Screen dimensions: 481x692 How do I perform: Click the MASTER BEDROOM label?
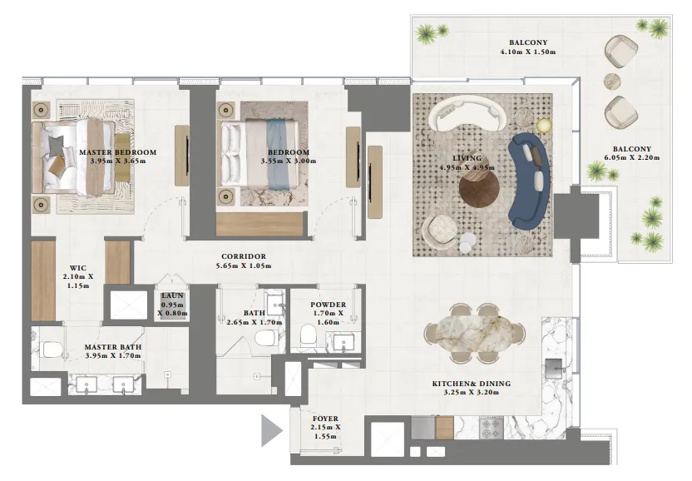point(117,152)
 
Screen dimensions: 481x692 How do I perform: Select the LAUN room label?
point(173,296)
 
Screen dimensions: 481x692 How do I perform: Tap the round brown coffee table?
point(479,186)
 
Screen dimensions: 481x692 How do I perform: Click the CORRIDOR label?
point(243,256)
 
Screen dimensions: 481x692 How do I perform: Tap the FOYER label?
point(325,419)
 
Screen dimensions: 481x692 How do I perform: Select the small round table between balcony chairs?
point(611,81)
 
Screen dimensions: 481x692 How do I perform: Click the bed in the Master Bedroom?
point(77,158)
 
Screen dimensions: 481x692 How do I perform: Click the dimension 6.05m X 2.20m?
point(632,157)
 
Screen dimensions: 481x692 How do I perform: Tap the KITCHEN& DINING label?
point(471,384)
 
